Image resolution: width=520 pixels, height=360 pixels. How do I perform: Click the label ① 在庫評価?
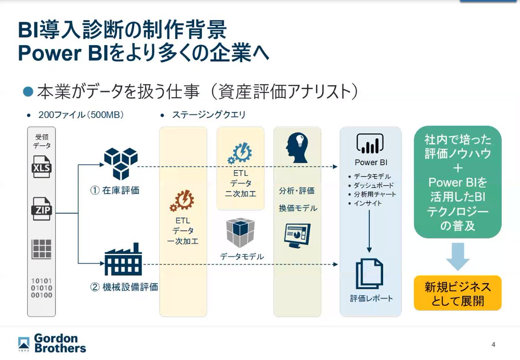[x=115, y=190]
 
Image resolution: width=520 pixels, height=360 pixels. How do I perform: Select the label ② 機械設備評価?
[x=124, y=287]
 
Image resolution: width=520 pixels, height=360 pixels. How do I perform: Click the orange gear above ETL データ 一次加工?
[x=182, y=201]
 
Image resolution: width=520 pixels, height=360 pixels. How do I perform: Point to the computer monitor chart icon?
[x=297, y=234]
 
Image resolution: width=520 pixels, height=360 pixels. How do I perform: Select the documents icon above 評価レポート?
[x=370, y=273]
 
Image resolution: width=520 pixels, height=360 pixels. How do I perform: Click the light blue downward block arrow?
[x=457, y=256]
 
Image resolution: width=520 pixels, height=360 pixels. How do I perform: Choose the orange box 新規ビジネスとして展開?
[x=457, y=293]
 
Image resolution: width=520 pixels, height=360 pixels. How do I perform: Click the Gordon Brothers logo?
[x=52, y=343]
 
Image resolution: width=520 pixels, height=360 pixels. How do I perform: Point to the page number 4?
[x=494, y=345]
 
